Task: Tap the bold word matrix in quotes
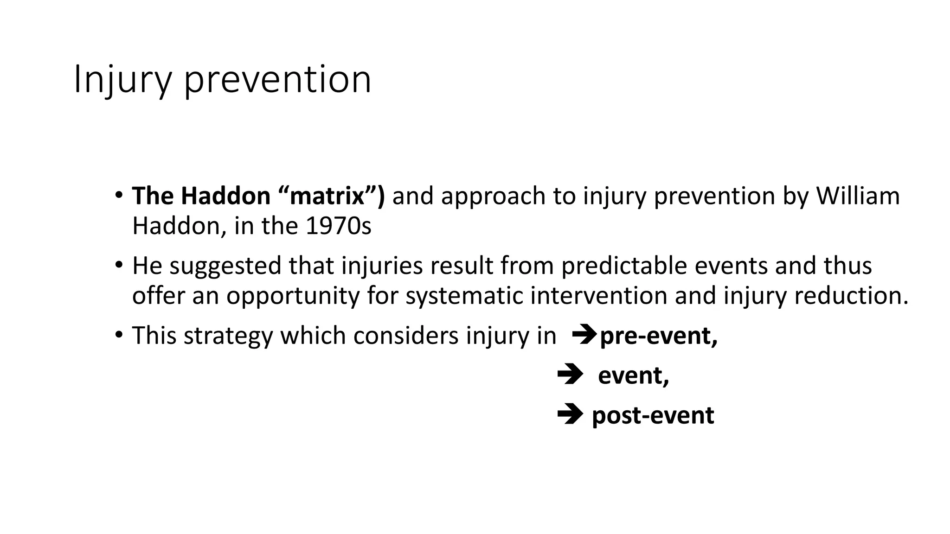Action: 327,196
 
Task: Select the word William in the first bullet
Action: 858,196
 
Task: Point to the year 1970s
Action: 339,226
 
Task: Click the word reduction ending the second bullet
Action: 851,296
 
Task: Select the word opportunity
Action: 293,296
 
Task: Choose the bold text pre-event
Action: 658,336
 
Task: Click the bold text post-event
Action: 653,415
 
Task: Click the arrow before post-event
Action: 570,414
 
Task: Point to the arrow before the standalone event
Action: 570,375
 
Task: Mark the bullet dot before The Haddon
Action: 119,194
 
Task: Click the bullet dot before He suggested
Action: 119,265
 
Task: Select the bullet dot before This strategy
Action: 119,334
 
